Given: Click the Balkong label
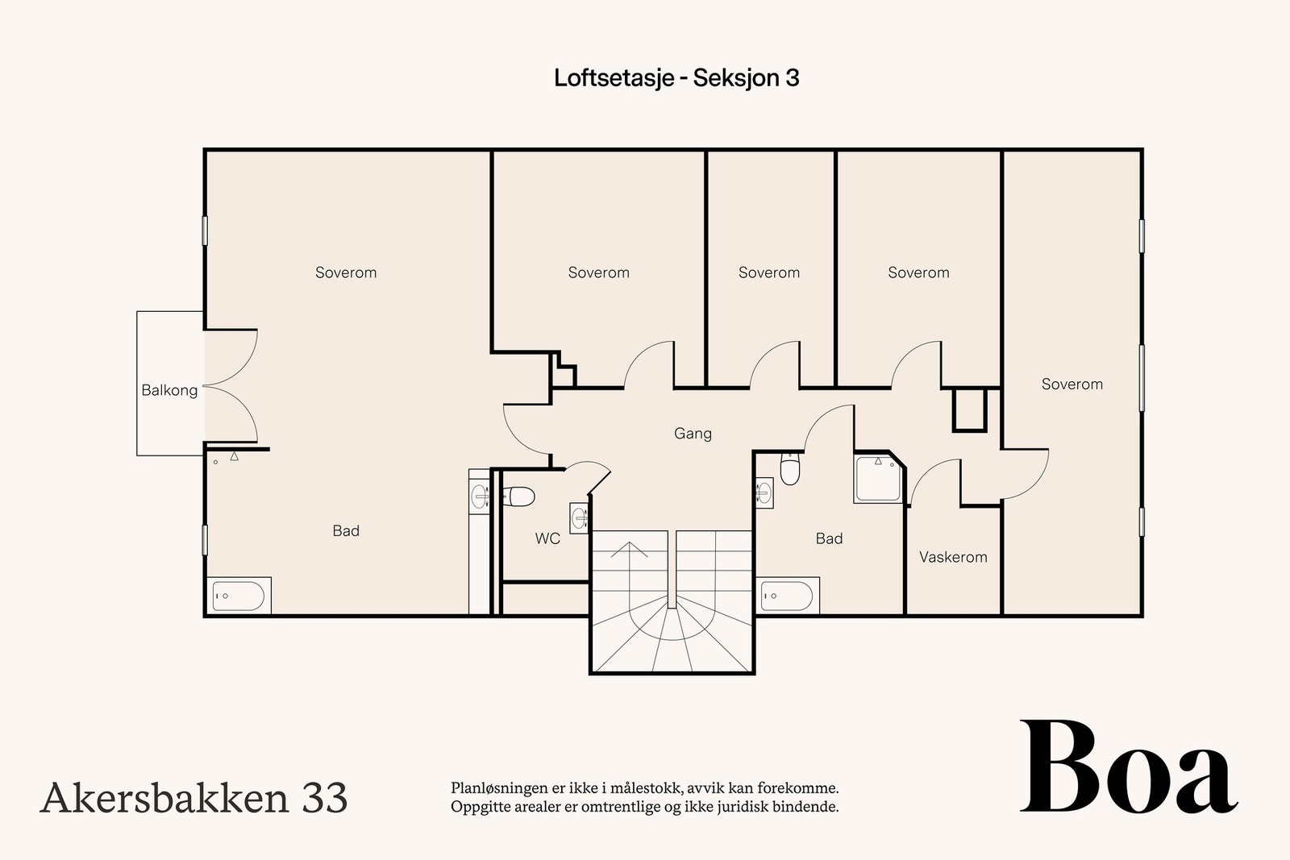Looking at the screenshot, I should tap(169, 390).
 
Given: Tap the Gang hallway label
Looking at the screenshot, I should tap(693, 434).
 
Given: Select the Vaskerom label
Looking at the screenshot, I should tap(953, 557).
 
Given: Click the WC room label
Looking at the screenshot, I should tap(547, 538).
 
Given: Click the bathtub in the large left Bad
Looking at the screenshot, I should tap(238, 596).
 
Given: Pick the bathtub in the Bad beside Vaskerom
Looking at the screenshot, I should tap(788, 596).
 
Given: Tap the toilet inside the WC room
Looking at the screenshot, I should tap(518, 496).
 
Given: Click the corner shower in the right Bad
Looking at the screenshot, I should tap(879, 478).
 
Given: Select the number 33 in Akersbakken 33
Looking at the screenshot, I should tap(324, 798).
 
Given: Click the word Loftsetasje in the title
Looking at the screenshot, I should tap(614, 77).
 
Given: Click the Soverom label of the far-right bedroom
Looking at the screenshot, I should tap(1072, 384).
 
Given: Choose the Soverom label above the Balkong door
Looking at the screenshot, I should tap(346, 272).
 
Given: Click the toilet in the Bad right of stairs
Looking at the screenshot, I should tap(790, 470).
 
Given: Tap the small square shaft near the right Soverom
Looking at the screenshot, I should tap(969, 409).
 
